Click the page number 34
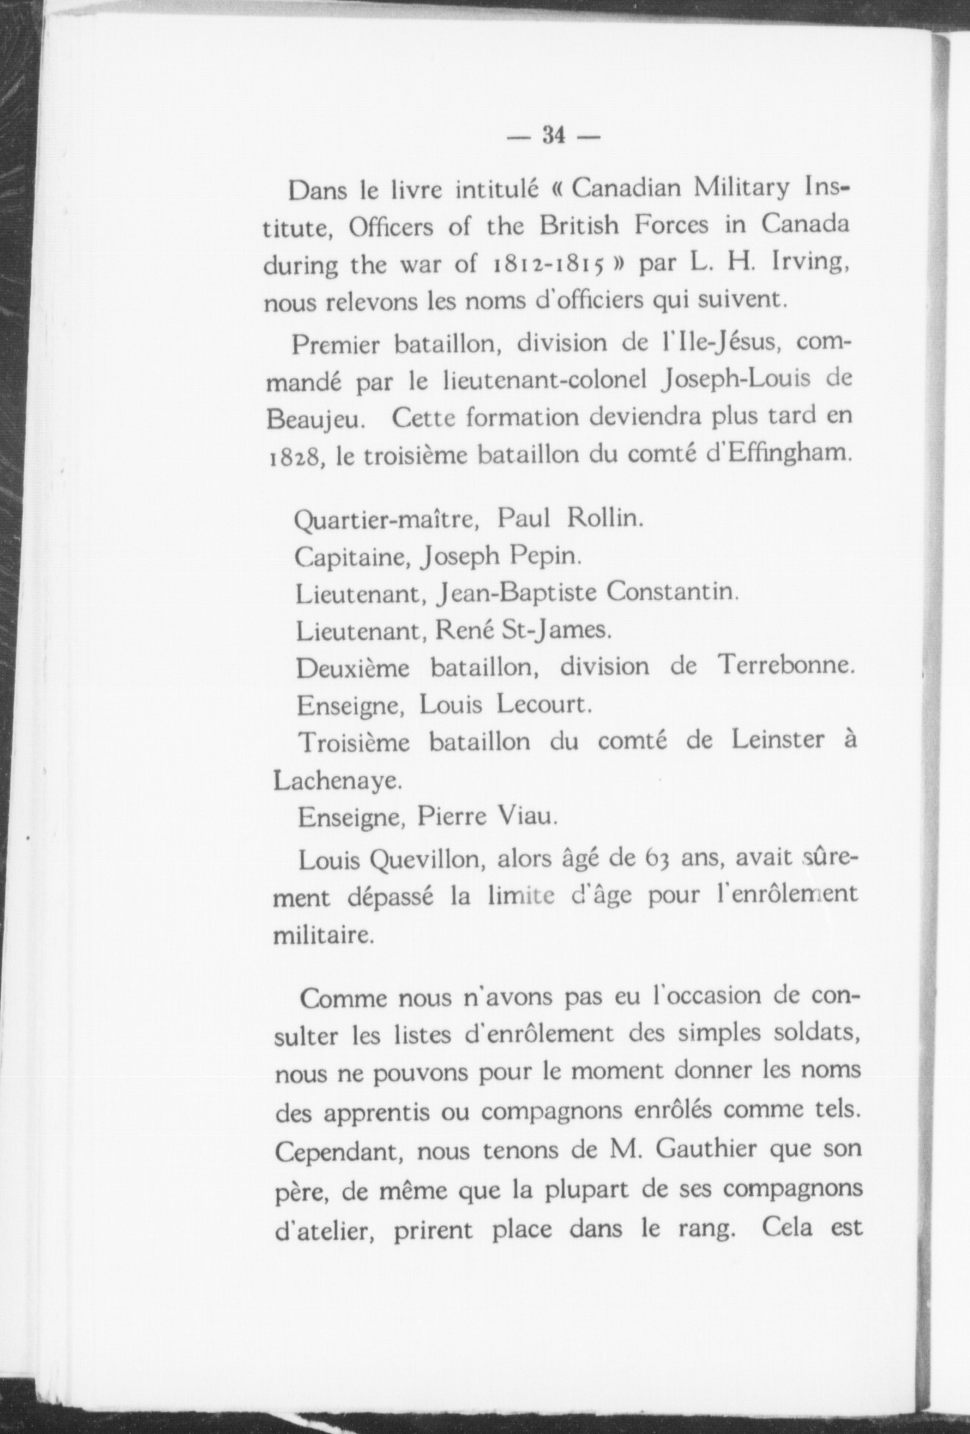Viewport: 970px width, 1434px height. (553, 135)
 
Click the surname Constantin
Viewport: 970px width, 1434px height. (672, 592)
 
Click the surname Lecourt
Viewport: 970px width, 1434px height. (543, 705)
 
